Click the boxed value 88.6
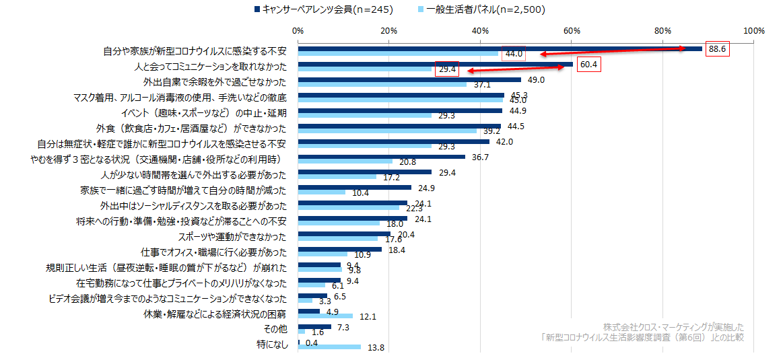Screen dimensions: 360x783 [718, 49]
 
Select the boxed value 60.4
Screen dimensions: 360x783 [588, 65]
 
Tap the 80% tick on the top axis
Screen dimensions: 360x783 [662, 30]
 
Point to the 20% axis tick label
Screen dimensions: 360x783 [388, 30]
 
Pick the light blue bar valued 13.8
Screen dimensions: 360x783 [329, 347]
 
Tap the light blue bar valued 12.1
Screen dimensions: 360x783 [325, 316]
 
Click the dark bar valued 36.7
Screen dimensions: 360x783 [381, 157]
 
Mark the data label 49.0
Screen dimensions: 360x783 [536, 80]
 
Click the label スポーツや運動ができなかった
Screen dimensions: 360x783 [232, 237]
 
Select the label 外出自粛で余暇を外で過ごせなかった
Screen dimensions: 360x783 [215, 83]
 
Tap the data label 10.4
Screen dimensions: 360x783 [361, 193]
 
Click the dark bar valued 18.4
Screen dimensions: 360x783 [339, 249]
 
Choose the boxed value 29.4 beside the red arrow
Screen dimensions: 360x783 [447, 69]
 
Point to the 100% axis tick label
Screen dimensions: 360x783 [753, 30]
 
